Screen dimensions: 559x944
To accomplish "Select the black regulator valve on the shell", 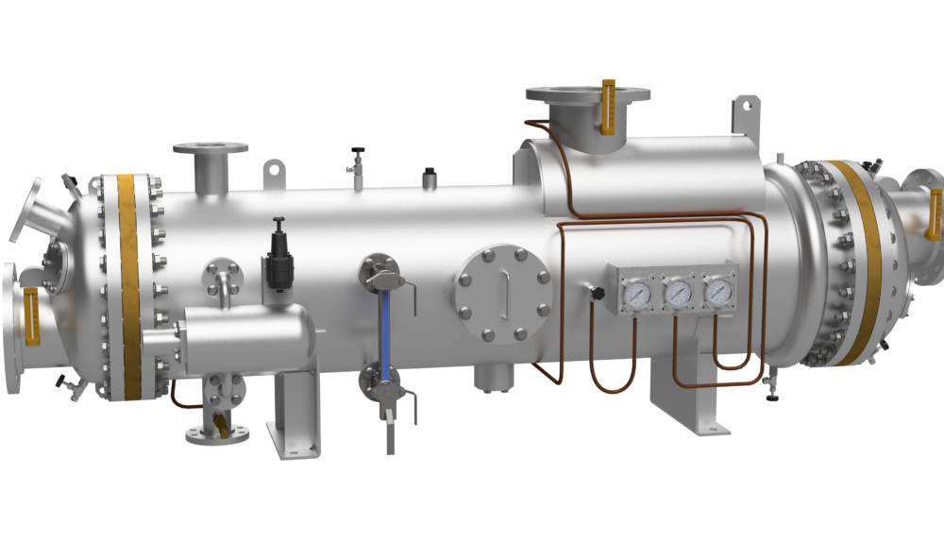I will click(x=279, y=255).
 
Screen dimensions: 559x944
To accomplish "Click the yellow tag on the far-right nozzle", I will click(x=936, y=210).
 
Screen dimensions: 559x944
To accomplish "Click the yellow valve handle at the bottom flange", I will click(x=220, y=423).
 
